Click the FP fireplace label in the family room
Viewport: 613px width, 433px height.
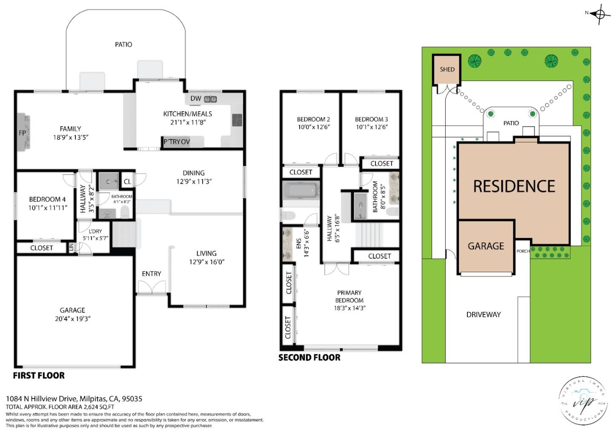[x=23, y=133]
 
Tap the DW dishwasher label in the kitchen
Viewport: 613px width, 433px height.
[x=195, y=99]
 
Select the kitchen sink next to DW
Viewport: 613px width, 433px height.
[x=210, y=99]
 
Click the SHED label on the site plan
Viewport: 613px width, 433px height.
[x=447, y=69]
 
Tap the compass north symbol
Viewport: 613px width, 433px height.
[x=600, y=13]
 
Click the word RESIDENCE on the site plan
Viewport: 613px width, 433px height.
[x=514, y=186]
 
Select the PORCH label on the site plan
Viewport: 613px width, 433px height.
[x=523, y=251]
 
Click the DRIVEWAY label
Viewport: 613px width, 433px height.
[x=483, y=315]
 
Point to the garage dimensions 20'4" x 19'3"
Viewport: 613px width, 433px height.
[x=72, y=319]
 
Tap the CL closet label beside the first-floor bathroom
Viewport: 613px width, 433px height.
[x=127, y=182]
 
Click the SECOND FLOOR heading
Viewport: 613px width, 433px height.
[x=309, y=358]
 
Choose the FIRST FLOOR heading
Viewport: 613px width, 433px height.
[x=39, y=376]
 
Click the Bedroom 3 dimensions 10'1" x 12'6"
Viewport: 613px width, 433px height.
[x=371, y=127]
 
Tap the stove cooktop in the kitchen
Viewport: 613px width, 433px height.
[x=237, y=120]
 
